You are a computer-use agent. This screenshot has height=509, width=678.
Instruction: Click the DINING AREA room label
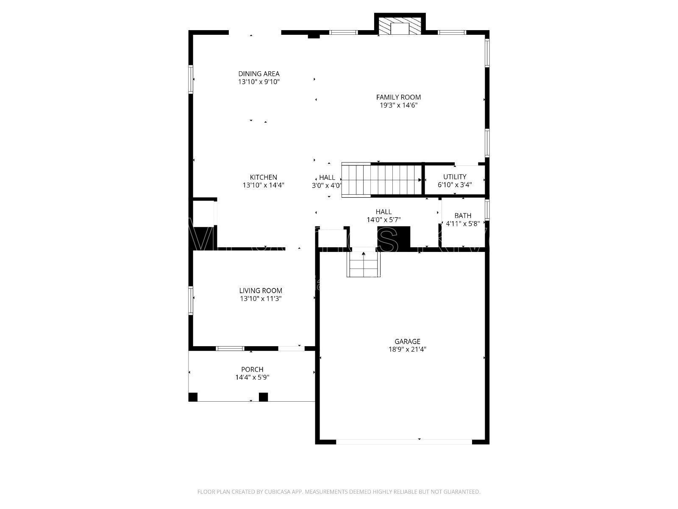pos(258,74)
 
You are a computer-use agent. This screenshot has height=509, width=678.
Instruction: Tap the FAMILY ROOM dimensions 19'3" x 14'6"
pos(398,106)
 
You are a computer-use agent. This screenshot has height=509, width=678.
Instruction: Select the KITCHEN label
pos(263,177)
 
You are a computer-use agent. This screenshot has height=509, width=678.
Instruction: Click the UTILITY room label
pos(455,177)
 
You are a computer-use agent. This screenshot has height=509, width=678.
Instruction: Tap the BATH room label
pos(462,215)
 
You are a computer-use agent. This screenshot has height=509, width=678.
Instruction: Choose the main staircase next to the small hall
pos(381,180)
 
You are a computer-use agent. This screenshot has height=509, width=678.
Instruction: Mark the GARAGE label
pos(407,341)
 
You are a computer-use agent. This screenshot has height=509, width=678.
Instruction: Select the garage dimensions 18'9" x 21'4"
pos(407,350)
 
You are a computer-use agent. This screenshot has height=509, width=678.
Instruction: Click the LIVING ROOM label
pos(261,291)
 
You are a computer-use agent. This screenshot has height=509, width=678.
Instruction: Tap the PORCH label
pos(252,369)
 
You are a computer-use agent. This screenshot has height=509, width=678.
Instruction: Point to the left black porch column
pos(193,397)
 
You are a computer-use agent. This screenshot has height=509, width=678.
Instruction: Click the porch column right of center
pos(263,397)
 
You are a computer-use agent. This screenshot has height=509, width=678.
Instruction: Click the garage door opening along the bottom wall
pos(403,442)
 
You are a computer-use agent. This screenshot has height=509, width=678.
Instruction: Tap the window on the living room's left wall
pos(191,300)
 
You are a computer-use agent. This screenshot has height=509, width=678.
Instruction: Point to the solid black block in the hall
pos(394,237)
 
